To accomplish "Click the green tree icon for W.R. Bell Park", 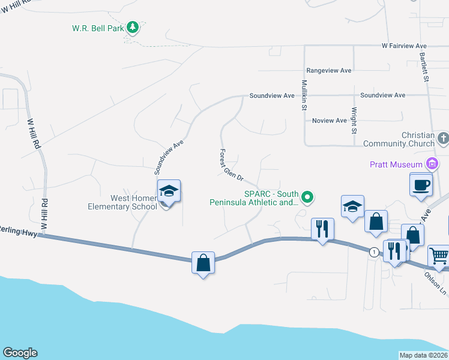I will point(133,28).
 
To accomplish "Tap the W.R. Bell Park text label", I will point(98,28).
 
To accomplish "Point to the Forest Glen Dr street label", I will point(231,165).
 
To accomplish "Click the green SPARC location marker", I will point(308,196).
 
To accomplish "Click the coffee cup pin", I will point(421,184).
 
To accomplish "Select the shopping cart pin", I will point(439,256).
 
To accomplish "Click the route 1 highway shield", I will point(375,251).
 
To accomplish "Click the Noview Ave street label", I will point(330,121).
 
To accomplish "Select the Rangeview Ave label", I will point(328,70).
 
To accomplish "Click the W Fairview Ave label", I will point(404,46).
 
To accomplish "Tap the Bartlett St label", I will point(425,69).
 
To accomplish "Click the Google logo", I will point(20,353).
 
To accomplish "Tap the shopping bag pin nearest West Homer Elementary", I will point(203,263).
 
